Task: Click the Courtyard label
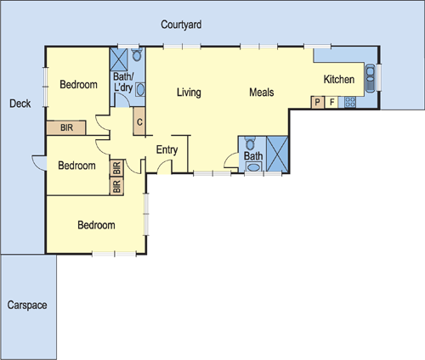(x=181, y=25)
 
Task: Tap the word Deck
(x=20, y=104)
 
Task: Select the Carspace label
(x=27, y=304)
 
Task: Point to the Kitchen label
(x=338, y=80)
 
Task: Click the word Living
(x=188, y=92)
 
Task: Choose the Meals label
(x=261, y=92)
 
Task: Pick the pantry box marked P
(x=317, y=103)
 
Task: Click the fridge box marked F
(x=331, y=103)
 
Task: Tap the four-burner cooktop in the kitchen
(x=348, y=103)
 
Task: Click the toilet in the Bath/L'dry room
(x=140, y=91)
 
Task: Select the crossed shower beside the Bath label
(x=279, y=154)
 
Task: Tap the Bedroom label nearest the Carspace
(x=96, y=225)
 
